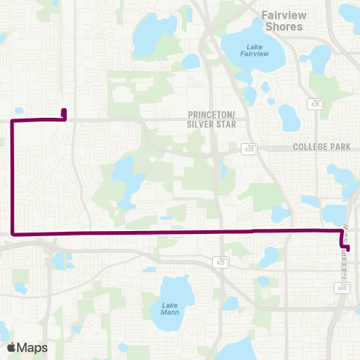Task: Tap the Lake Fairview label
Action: [x=253, y=50]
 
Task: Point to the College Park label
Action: [x=322, y=148]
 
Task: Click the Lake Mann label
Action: [x=170, y=309]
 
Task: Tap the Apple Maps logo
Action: [x=26, y=347]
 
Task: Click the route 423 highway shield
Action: [x=220, y=262]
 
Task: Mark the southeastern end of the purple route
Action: [x=347, y=248]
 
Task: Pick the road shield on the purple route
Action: [x=176, y=233]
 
